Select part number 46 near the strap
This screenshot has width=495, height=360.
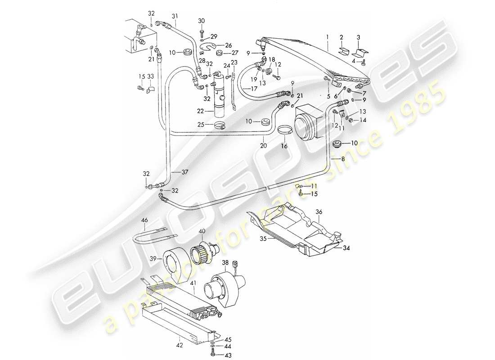[x=144, y=220]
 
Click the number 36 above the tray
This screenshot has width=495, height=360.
[x=319, y=212]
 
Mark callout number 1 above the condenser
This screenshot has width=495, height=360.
[x=328, y=36]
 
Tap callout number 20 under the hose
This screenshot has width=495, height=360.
[x=264, y=145]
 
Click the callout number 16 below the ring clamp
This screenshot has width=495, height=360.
[x=284, y=145]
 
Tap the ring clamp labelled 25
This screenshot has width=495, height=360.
[x=220, y=125]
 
